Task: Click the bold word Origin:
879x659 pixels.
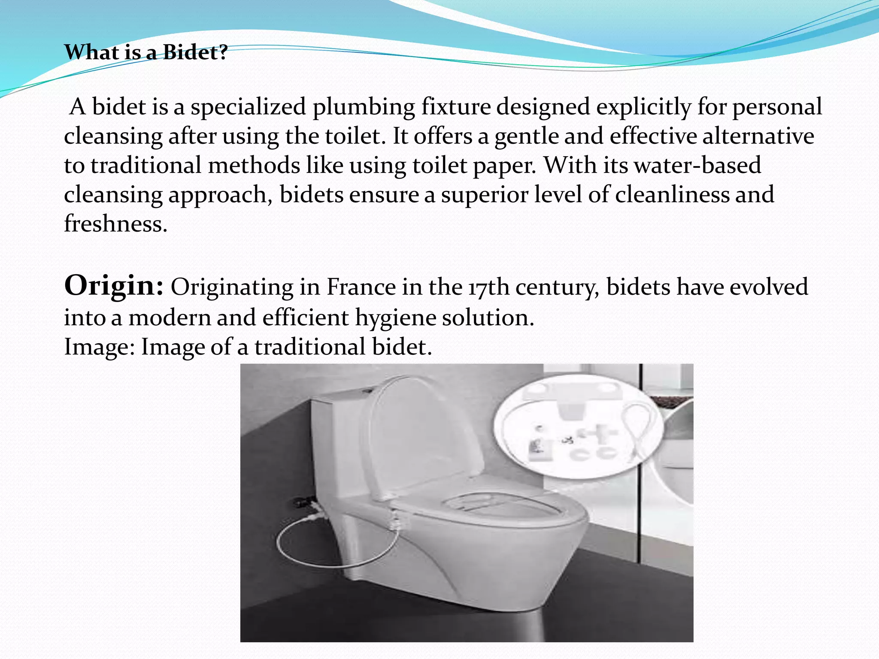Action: pyautogui.click(x=114, y=286)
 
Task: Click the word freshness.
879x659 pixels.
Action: pyautogui.click(x=115, y=224)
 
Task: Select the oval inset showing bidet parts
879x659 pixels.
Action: pyautogui.click(x=577, y=429)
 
